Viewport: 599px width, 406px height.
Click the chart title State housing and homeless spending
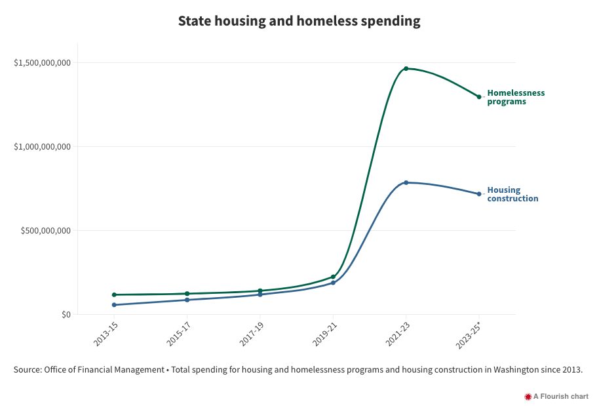[x=299, y=21]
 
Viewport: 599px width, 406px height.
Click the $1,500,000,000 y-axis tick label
[x=42, y=63]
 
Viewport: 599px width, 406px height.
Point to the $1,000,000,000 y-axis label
[x=42, y=147]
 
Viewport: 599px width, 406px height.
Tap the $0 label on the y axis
[x=65, y=315]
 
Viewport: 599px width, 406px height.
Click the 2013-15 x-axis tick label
[x=106, y=332]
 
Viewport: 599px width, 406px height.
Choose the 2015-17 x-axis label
[x=179, y=332]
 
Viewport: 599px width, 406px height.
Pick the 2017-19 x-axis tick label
[x=252, y=332]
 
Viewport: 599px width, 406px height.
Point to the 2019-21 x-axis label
[x=325, y=332]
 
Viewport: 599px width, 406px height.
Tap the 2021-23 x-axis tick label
[x=398, y=332]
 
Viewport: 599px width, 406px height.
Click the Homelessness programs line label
[x=516, y=97]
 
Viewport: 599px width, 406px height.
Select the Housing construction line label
[x=512, y=194]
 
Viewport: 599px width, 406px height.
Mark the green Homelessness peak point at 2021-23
[x=406, y=68]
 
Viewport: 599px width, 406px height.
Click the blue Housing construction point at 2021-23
[x=406, y=182]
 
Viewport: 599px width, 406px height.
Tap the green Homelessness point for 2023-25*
[x=479, y=96]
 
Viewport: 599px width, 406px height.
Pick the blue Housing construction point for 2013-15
[x=114, y=305]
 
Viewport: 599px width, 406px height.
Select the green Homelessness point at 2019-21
[x=333, y=277]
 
